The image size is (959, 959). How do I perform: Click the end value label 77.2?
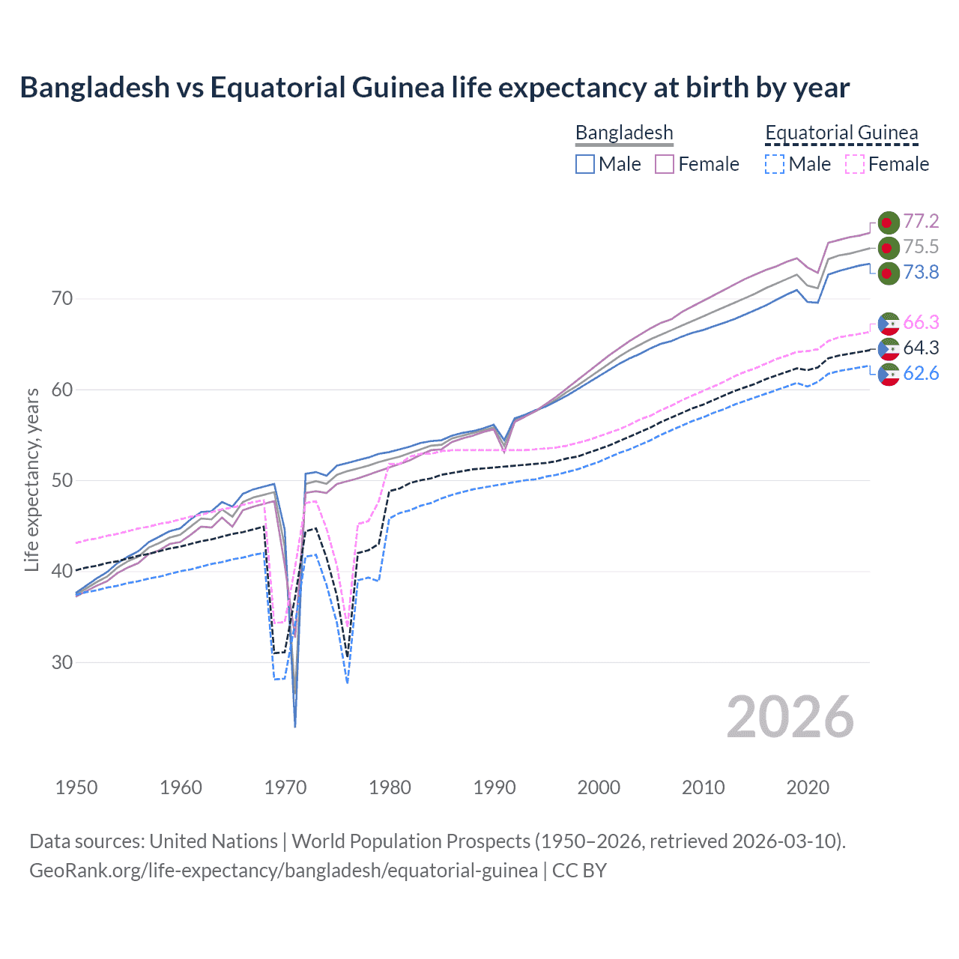[921, 221]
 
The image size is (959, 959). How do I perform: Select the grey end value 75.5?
[921, 246]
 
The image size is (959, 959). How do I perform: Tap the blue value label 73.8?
[921, 272]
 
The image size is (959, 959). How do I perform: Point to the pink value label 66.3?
[921, 322]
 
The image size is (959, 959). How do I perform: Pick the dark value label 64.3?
[921, 348]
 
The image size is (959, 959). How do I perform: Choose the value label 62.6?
[921, 373]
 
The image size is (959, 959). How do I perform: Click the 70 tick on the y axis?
[62, 299]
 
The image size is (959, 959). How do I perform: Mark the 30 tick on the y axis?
[62, 662]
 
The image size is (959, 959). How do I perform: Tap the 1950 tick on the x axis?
[76, 787]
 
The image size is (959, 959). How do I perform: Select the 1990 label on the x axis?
[494, 787]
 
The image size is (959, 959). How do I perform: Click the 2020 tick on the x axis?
[808, 787]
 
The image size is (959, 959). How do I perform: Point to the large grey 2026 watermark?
[790, 718]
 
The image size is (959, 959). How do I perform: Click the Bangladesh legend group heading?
[624, 133]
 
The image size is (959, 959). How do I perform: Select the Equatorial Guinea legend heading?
[841, 133]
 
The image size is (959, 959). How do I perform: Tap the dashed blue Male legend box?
[775, 164]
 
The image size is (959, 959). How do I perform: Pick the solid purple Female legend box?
[665, 164]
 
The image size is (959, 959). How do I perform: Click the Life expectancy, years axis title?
[32, 479]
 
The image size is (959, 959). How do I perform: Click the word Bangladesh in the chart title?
[95, 88]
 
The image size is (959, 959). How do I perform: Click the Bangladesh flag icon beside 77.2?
[888, 223]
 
